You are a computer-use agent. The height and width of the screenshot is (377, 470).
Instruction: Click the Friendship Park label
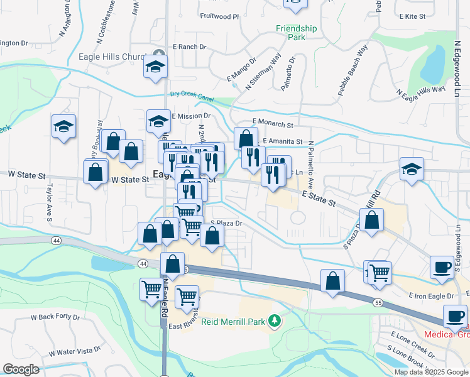coord(297,33)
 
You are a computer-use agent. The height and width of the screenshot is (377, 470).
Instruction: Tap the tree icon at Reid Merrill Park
coord(274,322)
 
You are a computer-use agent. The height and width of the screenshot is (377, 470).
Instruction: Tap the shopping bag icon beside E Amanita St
coord(246,138)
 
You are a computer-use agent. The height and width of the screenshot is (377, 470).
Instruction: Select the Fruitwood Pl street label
coord(219,16)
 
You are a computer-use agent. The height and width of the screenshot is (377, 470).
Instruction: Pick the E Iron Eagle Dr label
coord(430,295)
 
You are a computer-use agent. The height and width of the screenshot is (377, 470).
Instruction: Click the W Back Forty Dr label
coord(55,318)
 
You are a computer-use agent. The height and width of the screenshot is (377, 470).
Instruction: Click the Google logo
coord(21,369)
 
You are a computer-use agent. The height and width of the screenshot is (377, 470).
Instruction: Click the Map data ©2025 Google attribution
coord(430,372)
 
